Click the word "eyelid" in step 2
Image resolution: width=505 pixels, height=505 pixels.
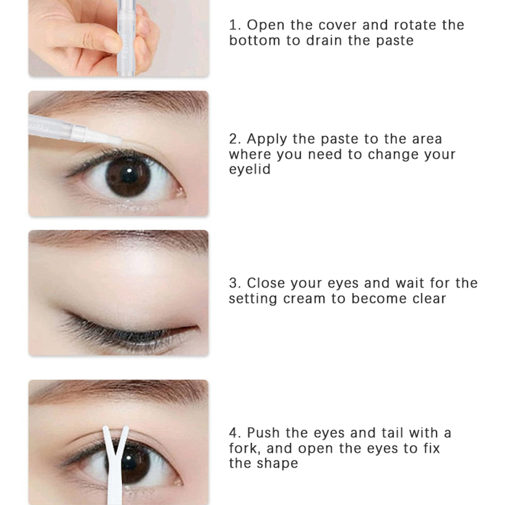tap(250, 170)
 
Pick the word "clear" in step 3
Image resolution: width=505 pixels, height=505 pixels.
tap(429, 299)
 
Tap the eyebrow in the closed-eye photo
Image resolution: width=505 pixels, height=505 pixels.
tap(120, 238)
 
